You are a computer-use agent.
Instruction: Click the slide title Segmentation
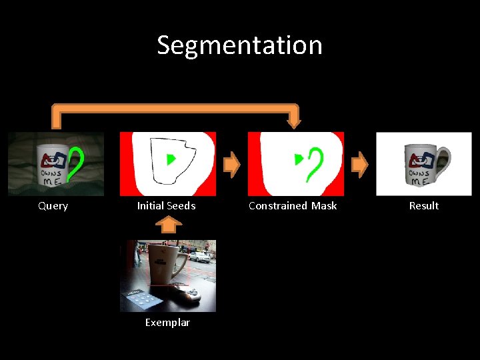[x=239, y=45]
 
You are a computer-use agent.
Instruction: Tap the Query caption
[x=53, y=206]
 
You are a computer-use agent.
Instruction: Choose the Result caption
[x=423, y=206]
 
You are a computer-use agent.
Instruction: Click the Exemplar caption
[x=167, y=323]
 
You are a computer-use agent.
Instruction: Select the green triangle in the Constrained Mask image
[x=299, y=159]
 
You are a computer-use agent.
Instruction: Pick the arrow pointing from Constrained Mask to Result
[x=359, y=165]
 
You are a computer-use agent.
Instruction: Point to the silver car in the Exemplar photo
[x=199, y=256]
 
